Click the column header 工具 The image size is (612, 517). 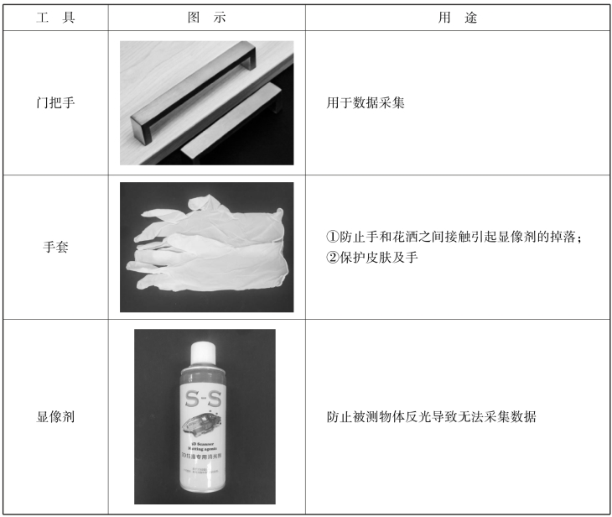[55, 18]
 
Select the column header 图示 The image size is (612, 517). [206, 18]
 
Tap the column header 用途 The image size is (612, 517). [458, 18]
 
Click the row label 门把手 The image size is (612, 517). [55, 102]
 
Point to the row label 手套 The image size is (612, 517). [55, 247]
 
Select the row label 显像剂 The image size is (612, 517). [55, 417]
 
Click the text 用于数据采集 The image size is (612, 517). [366, 102]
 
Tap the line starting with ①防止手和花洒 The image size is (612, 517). [454, 237]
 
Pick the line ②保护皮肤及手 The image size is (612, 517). [372, 258]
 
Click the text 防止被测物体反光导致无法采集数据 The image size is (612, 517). [431, 417]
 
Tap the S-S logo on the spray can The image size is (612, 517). [204, 399]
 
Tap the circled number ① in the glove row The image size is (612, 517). [332, 237]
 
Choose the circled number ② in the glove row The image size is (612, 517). [332, 258]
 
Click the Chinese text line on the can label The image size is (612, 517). [201, 456]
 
